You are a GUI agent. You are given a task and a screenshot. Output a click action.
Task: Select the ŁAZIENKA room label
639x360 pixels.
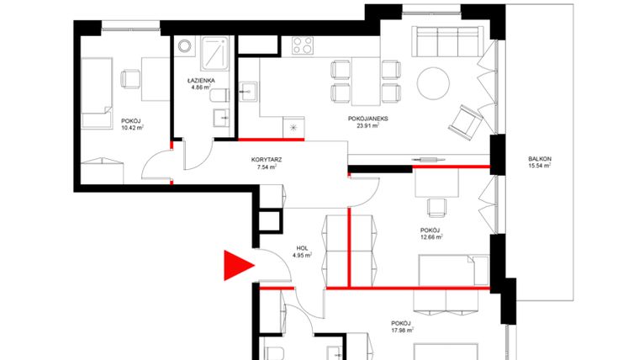click(202, 81)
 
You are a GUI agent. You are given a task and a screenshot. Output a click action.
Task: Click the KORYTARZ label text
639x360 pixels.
click(266, 159)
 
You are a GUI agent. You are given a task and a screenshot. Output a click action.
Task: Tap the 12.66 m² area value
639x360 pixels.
click(430, 237)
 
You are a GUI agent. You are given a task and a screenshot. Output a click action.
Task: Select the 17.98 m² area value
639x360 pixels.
click(401, 330)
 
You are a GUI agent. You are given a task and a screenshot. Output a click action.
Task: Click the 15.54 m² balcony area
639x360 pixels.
click(539, 166)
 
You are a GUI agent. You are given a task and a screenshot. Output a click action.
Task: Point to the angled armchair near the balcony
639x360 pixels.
click(464, 119)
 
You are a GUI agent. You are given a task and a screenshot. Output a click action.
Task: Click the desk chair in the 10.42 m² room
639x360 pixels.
click(131, 78)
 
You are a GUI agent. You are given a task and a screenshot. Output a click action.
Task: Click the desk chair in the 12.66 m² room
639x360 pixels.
click(435, 206)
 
